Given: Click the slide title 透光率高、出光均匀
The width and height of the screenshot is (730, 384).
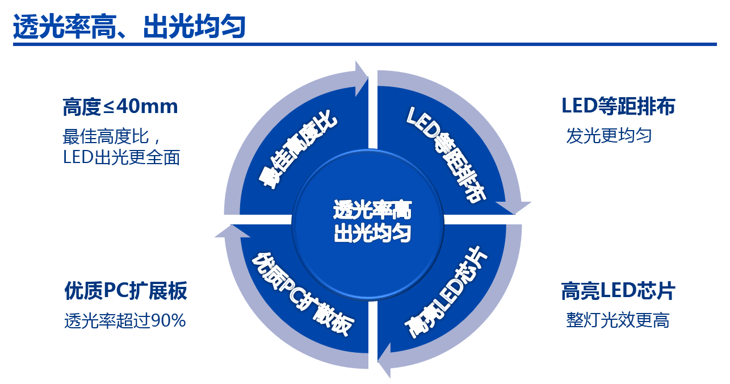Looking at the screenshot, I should (129, 27).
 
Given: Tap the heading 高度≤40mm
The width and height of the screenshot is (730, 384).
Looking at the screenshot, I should (120, 106).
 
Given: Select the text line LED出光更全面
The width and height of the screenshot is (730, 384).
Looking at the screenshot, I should (121, 157).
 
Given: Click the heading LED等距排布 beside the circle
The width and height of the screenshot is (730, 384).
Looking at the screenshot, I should (618, 106).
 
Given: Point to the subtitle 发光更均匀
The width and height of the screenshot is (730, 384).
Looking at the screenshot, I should (609, 136).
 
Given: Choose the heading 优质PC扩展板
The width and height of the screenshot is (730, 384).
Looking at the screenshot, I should (125, 291).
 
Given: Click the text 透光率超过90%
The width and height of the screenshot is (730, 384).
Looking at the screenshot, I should (125, 321).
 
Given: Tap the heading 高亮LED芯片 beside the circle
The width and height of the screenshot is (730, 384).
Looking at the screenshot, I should (618, 291).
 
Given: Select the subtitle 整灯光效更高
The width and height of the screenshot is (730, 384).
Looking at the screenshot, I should (618, 320).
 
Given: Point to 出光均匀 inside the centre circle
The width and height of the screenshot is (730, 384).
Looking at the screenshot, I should (372, 233).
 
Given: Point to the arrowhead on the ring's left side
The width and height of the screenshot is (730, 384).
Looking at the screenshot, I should (224, 231).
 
